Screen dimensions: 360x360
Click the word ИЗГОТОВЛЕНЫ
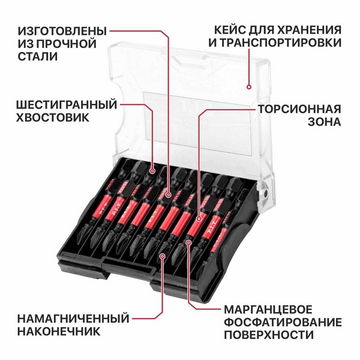point(62,31)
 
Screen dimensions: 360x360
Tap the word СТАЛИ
point(37,56)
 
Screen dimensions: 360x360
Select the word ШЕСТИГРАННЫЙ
point(67,104)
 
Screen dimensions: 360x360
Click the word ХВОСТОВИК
point(53,118)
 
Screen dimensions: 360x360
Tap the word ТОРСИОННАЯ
point(299,109)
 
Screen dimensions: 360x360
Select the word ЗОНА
point(325,122)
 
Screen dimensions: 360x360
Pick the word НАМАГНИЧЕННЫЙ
point(73,319)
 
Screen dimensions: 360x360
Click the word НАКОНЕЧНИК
point(59,331)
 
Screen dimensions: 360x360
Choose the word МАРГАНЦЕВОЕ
point(268,310)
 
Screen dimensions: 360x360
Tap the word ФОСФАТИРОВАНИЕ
point(283,322)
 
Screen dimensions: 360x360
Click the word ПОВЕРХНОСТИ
point(269,335)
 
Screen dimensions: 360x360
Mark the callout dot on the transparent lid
point(249,87)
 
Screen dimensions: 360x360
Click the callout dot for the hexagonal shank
point(152,171)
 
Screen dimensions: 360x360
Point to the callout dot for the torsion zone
point(199,217)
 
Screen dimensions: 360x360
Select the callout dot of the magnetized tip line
point(163,256)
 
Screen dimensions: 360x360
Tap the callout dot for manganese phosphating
point(188,242)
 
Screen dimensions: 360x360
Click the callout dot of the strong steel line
point(169,195)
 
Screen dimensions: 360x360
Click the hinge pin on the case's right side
point(265,194)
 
